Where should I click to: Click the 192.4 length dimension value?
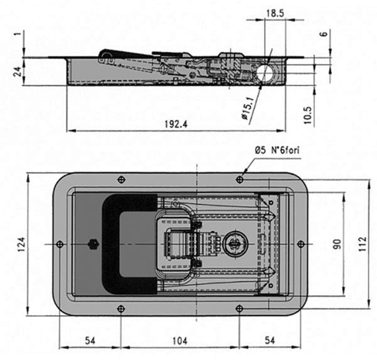coord(176,124)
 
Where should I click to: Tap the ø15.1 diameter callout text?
coord(248,108)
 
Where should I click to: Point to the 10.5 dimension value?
coord(308,115)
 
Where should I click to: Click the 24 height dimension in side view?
coord(17,72)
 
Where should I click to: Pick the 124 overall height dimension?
coord(21,244)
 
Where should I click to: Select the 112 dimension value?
coord(362,244)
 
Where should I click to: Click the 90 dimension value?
coord(337,244)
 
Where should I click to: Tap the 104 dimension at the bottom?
coord(180,341)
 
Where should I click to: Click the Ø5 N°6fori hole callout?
coord(277,150)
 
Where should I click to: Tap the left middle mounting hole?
coord(60,245)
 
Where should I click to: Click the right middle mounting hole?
coord(301,244)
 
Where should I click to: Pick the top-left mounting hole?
coord(121,180)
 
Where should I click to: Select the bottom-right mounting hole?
coord(239,308)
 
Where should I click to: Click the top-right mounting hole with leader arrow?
coord(239,180)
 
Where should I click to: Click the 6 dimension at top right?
coord(325,33)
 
